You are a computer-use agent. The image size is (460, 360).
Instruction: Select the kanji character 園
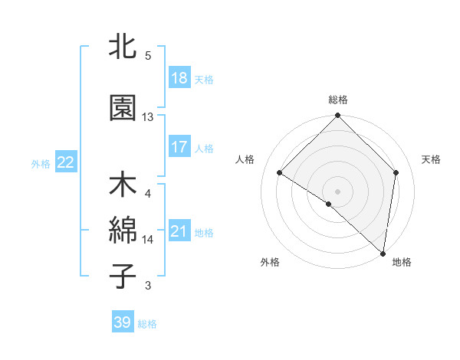123,108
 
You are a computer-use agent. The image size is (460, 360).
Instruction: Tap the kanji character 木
123,186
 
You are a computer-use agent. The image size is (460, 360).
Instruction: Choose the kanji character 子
123,276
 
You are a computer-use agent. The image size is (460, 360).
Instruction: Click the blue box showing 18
179,79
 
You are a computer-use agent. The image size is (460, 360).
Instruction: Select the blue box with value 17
179,148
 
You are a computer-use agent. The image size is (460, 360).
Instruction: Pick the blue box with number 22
65,162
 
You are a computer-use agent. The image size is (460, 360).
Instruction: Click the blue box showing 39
123,323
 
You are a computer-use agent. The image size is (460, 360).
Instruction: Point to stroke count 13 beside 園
148,117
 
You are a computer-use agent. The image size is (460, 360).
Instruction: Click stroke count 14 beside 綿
148,240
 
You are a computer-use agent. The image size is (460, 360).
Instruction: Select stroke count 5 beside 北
148,55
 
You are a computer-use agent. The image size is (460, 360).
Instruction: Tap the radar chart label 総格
337,100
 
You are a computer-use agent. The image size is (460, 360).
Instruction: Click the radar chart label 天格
431,159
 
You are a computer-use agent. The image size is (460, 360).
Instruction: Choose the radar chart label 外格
270,262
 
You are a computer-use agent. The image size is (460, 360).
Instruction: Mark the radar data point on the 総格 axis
337,116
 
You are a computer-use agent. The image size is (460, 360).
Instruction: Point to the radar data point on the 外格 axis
329,204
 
